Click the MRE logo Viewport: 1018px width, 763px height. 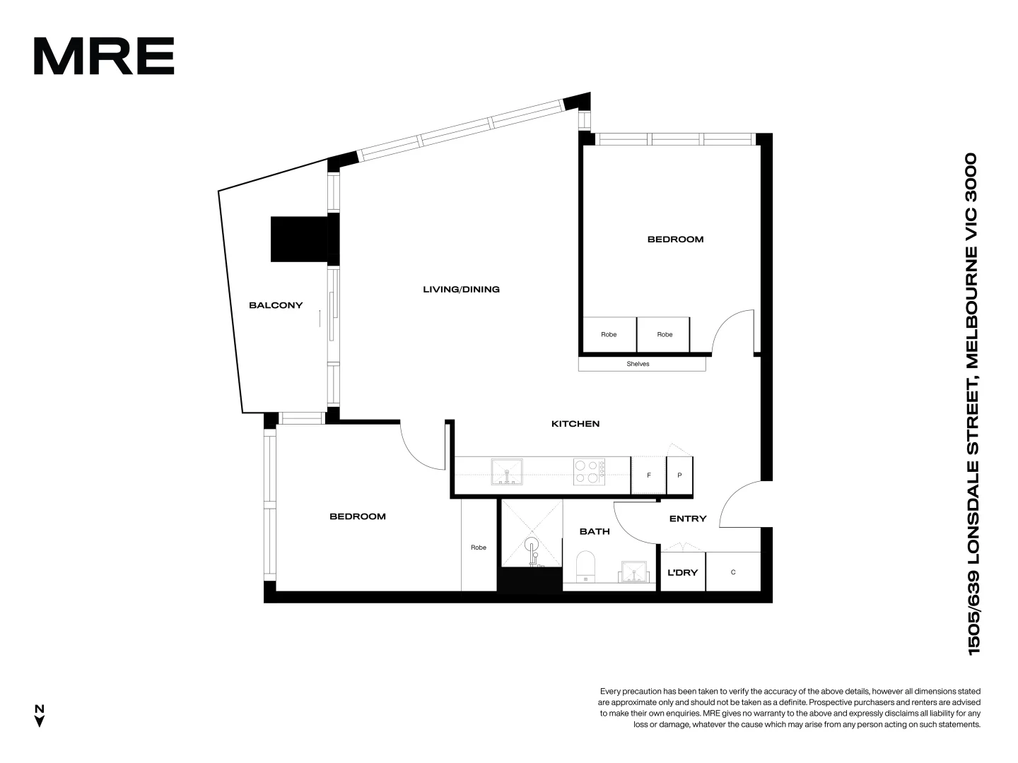coord(104,56)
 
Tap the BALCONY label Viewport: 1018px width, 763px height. coord(276,305)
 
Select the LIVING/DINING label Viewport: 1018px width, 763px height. coord(461,289)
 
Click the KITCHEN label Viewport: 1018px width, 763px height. coord(575,424)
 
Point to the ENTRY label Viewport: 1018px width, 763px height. coord(688,519)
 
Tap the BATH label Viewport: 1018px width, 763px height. coord(595,531)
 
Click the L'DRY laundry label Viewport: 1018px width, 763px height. coord(682,572)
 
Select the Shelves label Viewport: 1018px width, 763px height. coord(638,364)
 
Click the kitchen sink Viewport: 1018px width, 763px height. coord(507,471)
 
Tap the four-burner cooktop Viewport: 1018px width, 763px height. coord(589,472)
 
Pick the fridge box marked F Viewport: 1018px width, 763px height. coord(648,475)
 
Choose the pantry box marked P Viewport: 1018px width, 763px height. coord(679,475)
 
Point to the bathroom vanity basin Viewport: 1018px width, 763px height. coord(634,572)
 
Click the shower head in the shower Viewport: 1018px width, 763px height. coord(532,545)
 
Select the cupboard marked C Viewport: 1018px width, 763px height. coord(733,572)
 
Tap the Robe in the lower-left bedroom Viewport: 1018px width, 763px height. coord(479,548)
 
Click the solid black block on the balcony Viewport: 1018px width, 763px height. coord(299,239)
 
